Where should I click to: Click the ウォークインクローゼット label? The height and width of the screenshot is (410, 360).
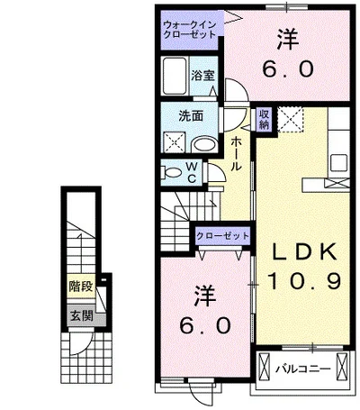(190, 30)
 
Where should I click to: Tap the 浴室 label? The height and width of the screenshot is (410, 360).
(203, 75)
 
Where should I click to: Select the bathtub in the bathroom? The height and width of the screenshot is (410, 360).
(175, 76)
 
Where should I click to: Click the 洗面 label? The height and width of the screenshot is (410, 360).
(191, 116)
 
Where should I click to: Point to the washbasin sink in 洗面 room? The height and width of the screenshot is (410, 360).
(204, 144)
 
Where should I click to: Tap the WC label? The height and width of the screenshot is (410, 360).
(192, 172)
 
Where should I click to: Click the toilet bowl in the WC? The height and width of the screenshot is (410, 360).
(172, 172)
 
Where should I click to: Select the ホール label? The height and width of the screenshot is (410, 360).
(237, 154)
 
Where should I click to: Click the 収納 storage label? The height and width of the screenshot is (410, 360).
(265, 119)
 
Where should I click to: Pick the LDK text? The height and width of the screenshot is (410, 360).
(303, 251)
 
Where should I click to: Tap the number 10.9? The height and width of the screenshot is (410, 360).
(304, 281)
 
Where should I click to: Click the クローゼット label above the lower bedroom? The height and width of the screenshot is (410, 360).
(222, 236)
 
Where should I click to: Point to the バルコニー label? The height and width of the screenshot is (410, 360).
(303, 369)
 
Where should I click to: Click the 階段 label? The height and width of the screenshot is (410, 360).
(81, 287)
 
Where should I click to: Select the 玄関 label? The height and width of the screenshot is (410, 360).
(82, 316)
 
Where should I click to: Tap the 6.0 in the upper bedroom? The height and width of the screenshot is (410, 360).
(288, 68)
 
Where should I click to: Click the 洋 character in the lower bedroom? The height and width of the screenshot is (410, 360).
(206, 296)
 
